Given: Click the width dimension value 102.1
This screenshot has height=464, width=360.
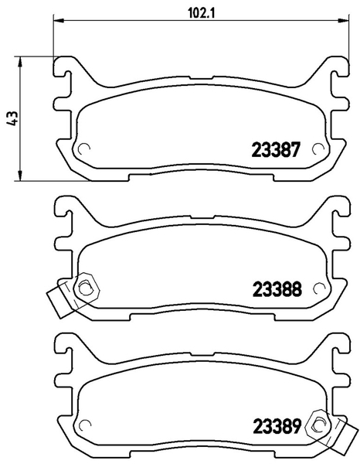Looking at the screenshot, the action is (x=201, y=12).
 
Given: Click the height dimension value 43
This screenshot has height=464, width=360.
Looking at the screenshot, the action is (x=12, y=119).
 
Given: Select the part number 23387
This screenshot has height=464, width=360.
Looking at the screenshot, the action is (x=276, y=150).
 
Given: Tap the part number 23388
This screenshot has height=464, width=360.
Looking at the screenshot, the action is (x=277, y=289).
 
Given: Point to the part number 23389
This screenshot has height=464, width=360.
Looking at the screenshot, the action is (x=277, y=427).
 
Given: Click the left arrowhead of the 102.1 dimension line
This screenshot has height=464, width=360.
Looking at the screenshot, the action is (x=59, y=20).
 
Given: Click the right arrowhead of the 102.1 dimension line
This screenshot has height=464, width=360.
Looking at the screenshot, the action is (x=344, y=20).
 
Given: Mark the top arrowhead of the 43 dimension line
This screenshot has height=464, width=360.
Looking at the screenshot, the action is (x=20, y=62).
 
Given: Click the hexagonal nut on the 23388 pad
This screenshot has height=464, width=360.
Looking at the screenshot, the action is (x=86, y=288).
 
